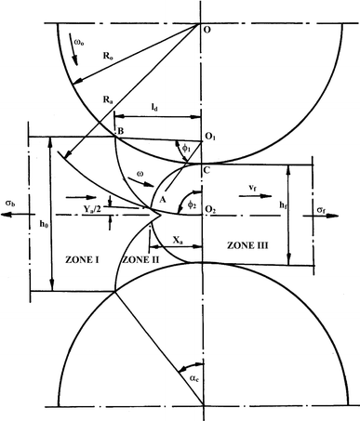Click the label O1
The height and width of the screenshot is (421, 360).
pyautogui.click(x=213, y=138)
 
